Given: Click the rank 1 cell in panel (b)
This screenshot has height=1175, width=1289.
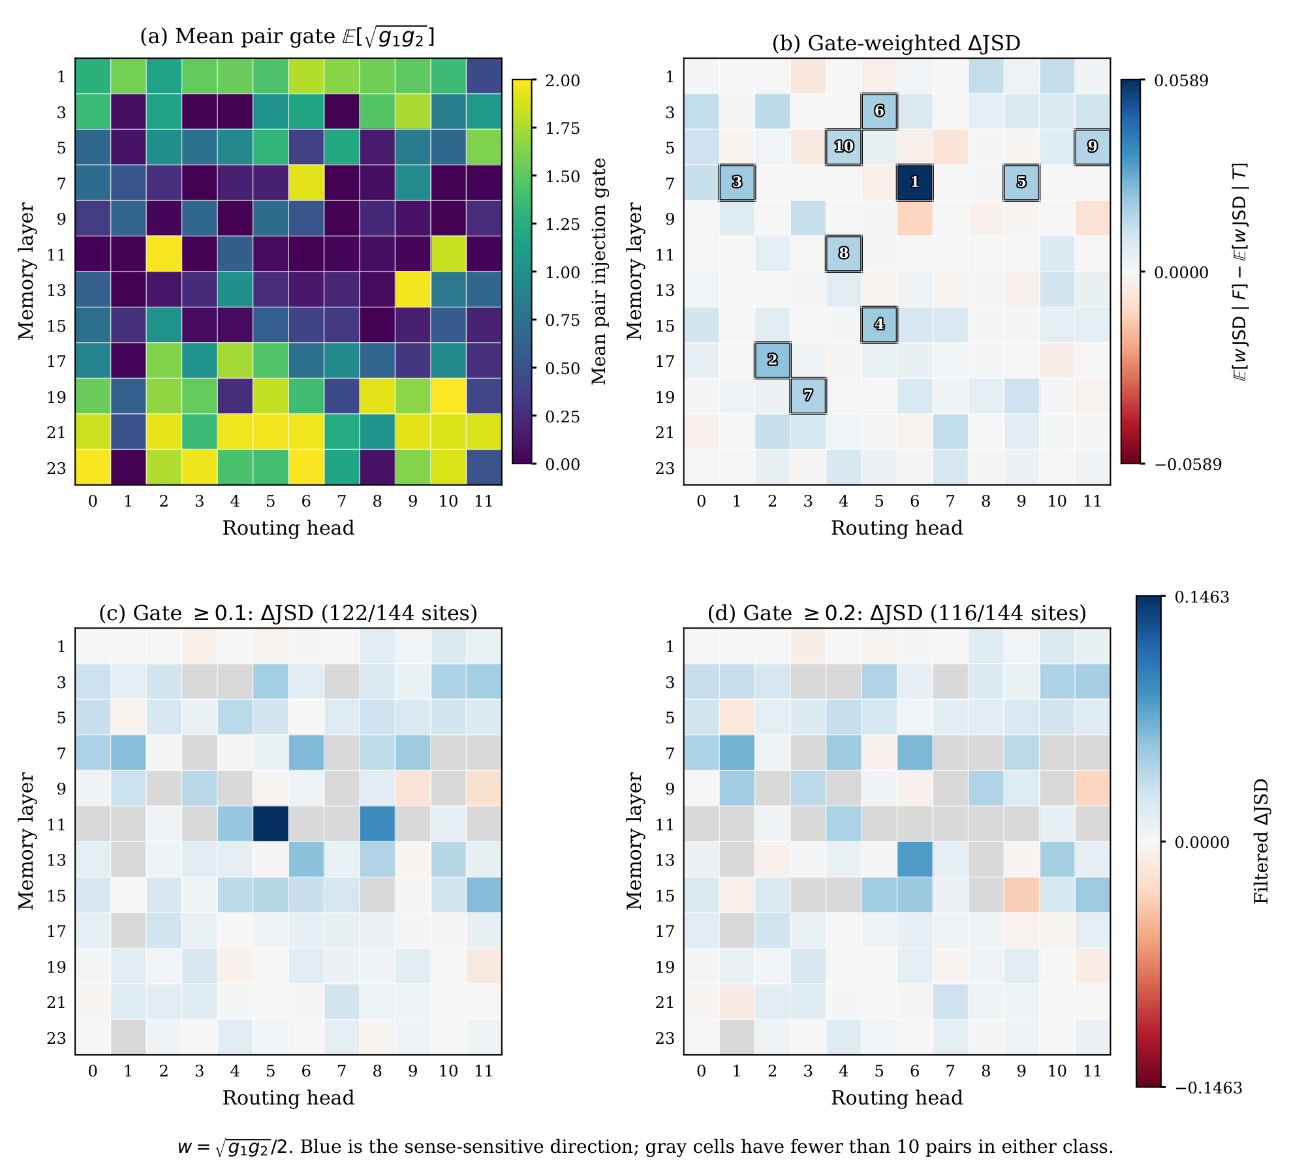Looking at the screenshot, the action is [914, 182].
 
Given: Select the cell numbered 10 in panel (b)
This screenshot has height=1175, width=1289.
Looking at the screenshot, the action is [843, 146].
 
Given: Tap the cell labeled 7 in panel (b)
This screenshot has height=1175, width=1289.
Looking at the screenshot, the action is [808, 396].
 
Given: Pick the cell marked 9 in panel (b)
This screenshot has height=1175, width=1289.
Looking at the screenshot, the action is [1093, 146].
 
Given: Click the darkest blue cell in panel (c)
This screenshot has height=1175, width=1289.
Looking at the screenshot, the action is [270, 824].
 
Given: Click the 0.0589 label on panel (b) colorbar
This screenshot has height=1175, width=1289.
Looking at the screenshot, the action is [1181, 80].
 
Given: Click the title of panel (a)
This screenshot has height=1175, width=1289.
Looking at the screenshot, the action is [287, 37].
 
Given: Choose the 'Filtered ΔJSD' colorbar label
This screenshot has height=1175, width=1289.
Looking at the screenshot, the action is [1261, 841].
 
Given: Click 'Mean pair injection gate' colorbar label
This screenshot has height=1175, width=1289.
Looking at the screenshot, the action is [598, 271].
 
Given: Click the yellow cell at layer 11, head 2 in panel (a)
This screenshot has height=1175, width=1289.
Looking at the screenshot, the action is [163, 253].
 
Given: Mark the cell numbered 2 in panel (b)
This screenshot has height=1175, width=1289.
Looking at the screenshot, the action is [772, 360].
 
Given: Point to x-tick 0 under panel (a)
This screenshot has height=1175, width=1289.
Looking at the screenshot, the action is [93, 501].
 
